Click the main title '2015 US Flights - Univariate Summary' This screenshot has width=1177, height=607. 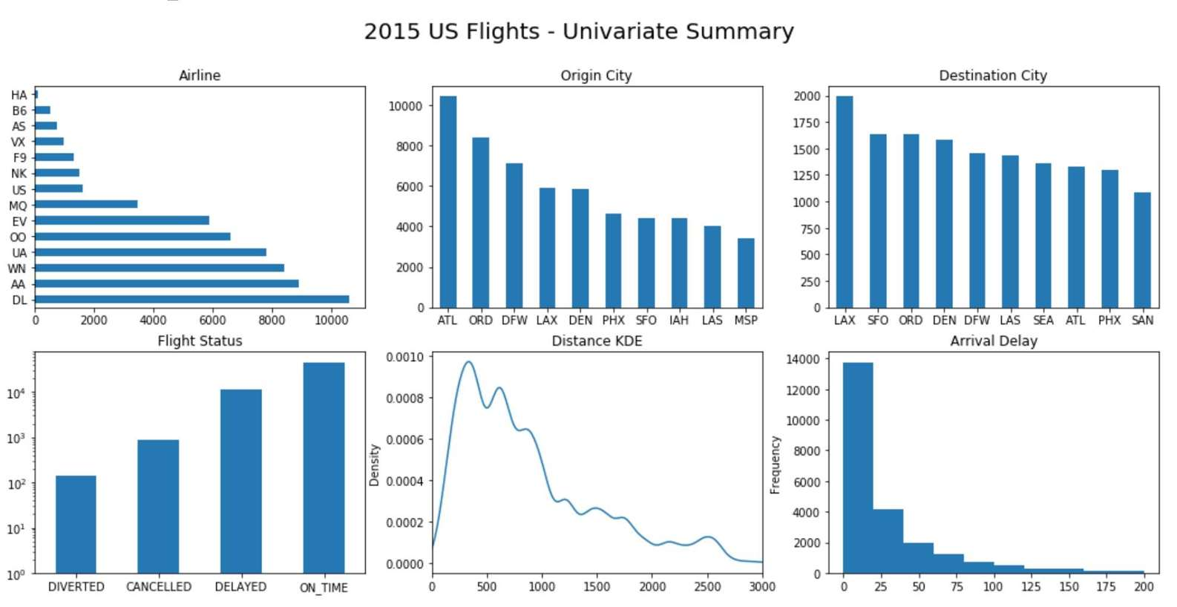click(x=579, y=32)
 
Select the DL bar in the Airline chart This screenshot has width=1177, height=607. click(x=191, y=300)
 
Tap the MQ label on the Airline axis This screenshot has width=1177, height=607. click(x=18, y=206)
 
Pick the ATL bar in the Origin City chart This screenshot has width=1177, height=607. click(x=448, y=202)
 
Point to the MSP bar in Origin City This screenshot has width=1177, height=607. click(x=746, y=273)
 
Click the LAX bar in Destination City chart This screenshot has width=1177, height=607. click(x=845, y=202)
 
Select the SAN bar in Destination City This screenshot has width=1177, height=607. click(x=1142, y=250)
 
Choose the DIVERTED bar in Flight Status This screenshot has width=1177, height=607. click(x=76, y=525)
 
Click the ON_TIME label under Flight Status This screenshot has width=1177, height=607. click(x=324, y=588)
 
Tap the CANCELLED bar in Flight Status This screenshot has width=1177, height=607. click(x=158, y=507)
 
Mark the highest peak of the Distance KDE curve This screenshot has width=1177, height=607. click(x=469, y=362)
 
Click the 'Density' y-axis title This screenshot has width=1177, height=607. click(x=374, y=465)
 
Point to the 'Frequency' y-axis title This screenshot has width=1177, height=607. click(x=776, y=465)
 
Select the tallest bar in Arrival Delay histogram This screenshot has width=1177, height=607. click(x=858, y=467)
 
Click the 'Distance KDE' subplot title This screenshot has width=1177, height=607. click(x=597, y=341)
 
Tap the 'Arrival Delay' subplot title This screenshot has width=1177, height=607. click(x=994, y=341)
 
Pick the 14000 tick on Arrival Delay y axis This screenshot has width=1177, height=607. click(x=803, y=359)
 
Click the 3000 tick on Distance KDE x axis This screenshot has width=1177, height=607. click(x=762, y=587)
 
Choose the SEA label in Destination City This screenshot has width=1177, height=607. click(x=1043, y=321)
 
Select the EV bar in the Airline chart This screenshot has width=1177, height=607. click(x=122, y=220)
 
